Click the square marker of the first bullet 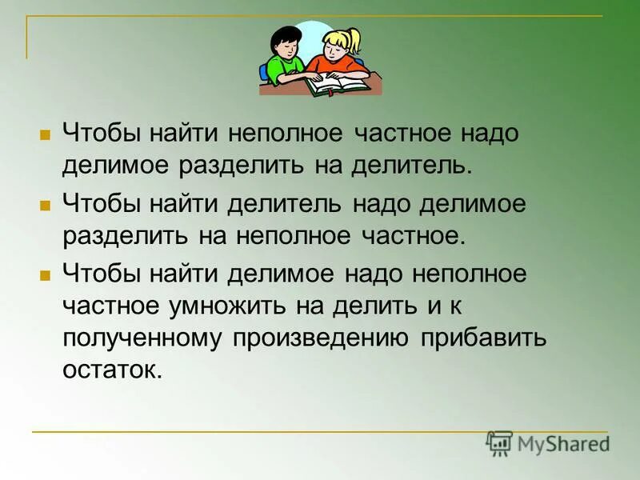[45, 134]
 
